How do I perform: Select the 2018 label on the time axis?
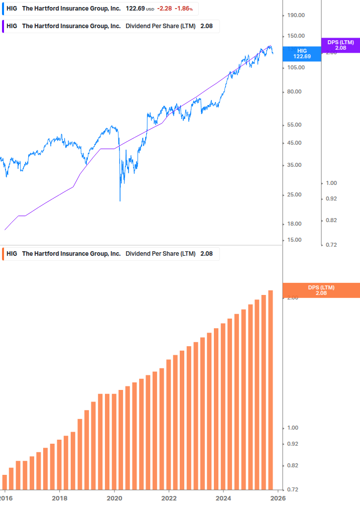coord(59,497)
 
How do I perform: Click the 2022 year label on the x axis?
coord(169,497)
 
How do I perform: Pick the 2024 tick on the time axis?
coord(224,497)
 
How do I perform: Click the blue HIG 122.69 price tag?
coord(302,54)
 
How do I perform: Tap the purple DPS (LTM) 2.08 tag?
coord(340,45)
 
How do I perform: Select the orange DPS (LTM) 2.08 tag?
coord(321,290)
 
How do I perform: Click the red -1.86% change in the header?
coord(184,9)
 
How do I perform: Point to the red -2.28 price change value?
coord(164,9)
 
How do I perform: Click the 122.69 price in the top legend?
coord(135,9)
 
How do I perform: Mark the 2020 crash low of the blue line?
coord(120,200)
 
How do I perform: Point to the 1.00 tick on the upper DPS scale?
coord(331,183)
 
